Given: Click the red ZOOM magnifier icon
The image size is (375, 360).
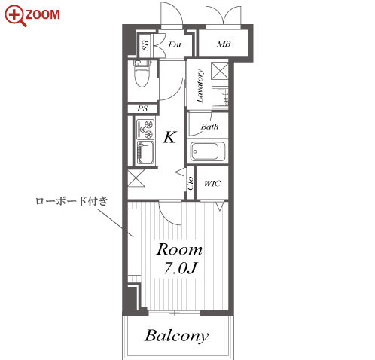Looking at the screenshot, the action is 15,16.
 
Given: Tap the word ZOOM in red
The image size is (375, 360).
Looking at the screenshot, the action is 42,14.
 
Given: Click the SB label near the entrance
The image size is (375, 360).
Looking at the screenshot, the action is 145,45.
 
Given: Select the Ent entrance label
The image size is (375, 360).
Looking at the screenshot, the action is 175,44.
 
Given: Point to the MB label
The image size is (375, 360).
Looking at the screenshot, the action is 224,44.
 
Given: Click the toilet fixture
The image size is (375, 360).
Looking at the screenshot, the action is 142,74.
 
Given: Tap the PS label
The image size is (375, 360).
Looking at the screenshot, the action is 142,108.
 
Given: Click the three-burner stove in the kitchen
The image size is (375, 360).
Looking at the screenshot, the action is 145,129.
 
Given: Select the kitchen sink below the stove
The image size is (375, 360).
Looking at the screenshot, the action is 145,153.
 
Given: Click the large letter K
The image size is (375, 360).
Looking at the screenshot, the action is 169,137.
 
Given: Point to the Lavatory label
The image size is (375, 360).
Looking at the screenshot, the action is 200,86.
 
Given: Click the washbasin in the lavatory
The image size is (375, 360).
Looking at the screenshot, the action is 220,97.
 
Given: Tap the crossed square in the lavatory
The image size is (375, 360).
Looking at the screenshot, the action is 220,70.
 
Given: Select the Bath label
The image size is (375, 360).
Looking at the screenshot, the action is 209,127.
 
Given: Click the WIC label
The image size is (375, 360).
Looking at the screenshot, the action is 212,183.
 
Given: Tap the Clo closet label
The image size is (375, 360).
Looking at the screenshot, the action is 191,183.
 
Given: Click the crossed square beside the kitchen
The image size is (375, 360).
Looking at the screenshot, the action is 136,178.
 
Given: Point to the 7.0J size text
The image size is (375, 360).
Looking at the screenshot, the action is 180,268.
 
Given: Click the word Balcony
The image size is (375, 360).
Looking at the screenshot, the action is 177,336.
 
